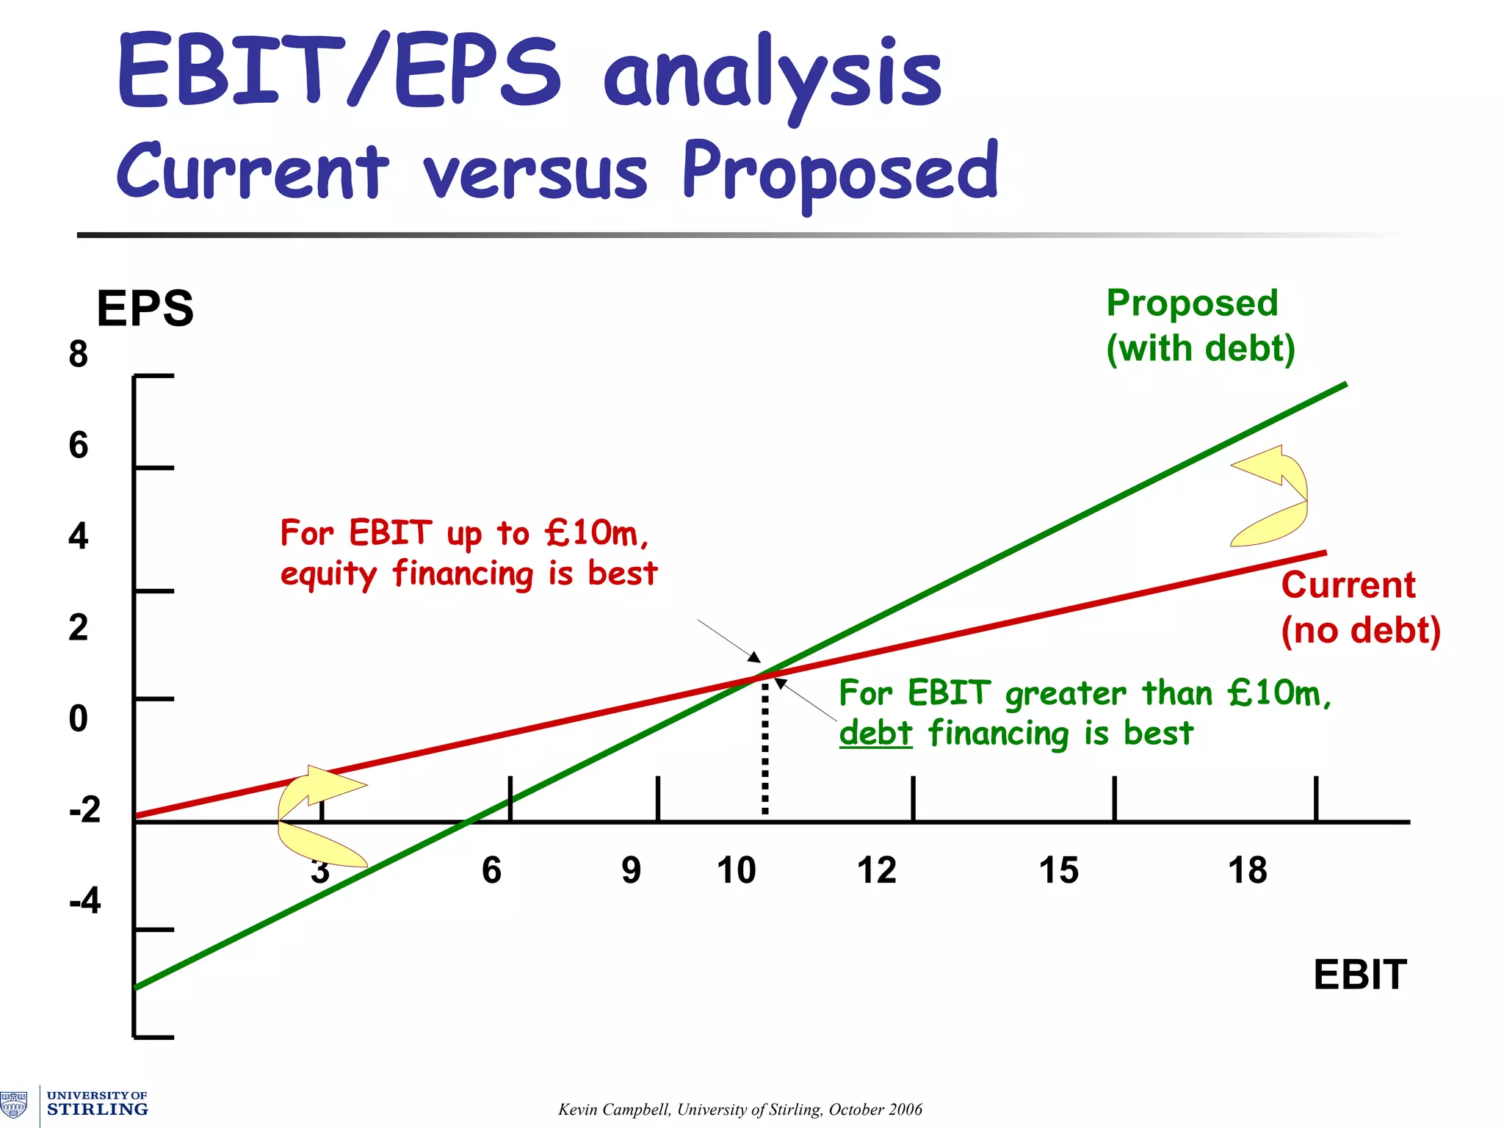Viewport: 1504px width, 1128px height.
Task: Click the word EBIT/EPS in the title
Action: tap(338, 72)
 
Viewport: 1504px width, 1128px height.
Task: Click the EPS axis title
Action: tap(145, 309)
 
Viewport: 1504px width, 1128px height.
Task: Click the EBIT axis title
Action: tap(1359, 975)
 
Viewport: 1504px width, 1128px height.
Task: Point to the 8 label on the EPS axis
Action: tap(79, 355)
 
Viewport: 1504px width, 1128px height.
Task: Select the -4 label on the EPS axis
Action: tap(85, 900)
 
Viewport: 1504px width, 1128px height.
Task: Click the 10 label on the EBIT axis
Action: tap(736, 871)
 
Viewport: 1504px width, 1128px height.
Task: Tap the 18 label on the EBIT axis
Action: tap(1247, 871)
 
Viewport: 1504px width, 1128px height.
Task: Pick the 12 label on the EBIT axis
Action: tap(876, 871)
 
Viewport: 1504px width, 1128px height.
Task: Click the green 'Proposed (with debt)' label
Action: tap(1199, 326)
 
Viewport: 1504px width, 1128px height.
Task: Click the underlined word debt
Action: tap(875, 734)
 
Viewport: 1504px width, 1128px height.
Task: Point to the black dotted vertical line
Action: tap(765, 749)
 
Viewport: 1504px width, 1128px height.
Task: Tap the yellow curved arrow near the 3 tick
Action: tap(316, 815)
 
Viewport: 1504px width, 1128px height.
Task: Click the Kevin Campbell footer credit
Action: tap(740, 1110)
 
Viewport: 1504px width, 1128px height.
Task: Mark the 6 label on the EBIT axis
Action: tap(491, 871)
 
